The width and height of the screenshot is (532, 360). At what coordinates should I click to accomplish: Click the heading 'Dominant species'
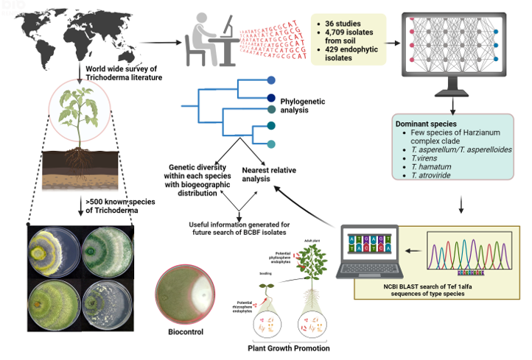pos(423,122)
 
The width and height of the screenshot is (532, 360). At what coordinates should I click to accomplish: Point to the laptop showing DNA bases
pos(368,254)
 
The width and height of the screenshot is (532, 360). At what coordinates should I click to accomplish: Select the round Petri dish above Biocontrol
pos(187,289)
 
